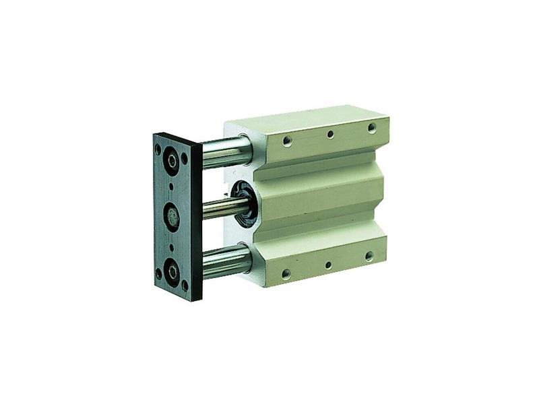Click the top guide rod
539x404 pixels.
point(222,152)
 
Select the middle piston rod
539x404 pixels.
point(219,208)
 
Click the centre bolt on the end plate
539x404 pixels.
point(172,217)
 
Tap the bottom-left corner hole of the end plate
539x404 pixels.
point(159,273)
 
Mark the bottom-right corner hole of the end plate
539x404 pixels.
point(185,285)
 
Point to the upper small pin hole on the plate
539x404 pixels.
point(171,187)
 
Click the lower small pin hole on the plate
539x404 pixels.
point(172,246)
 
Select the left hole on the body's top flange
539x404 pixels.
point(288,141)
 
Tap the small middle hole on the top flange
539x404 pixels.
point(330,135)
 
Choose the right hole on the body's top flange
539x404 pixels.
point(371,128)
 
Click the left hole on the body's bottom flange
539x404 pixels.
point(286,273)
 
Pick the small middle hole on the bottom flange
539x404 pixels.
point(328,265)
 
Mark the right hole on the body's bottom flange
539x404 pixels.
point(369,256)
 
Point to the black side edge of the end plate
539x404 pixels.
point(197,222)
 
